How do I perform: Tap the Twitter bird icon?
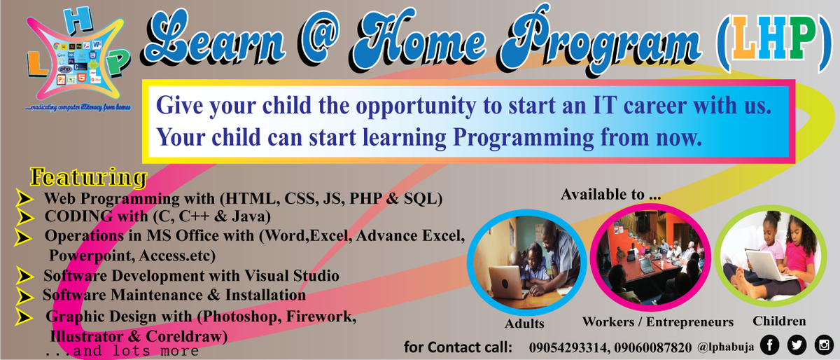point(797,345)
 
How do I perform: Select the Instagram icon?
point(824,345)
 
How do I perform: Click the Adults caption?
point(524,324)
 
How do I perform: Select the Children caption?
point(779,321)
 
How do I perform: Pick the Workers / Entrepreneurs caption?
point(658,322)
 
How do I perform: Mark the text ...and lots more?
point(122,351)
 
